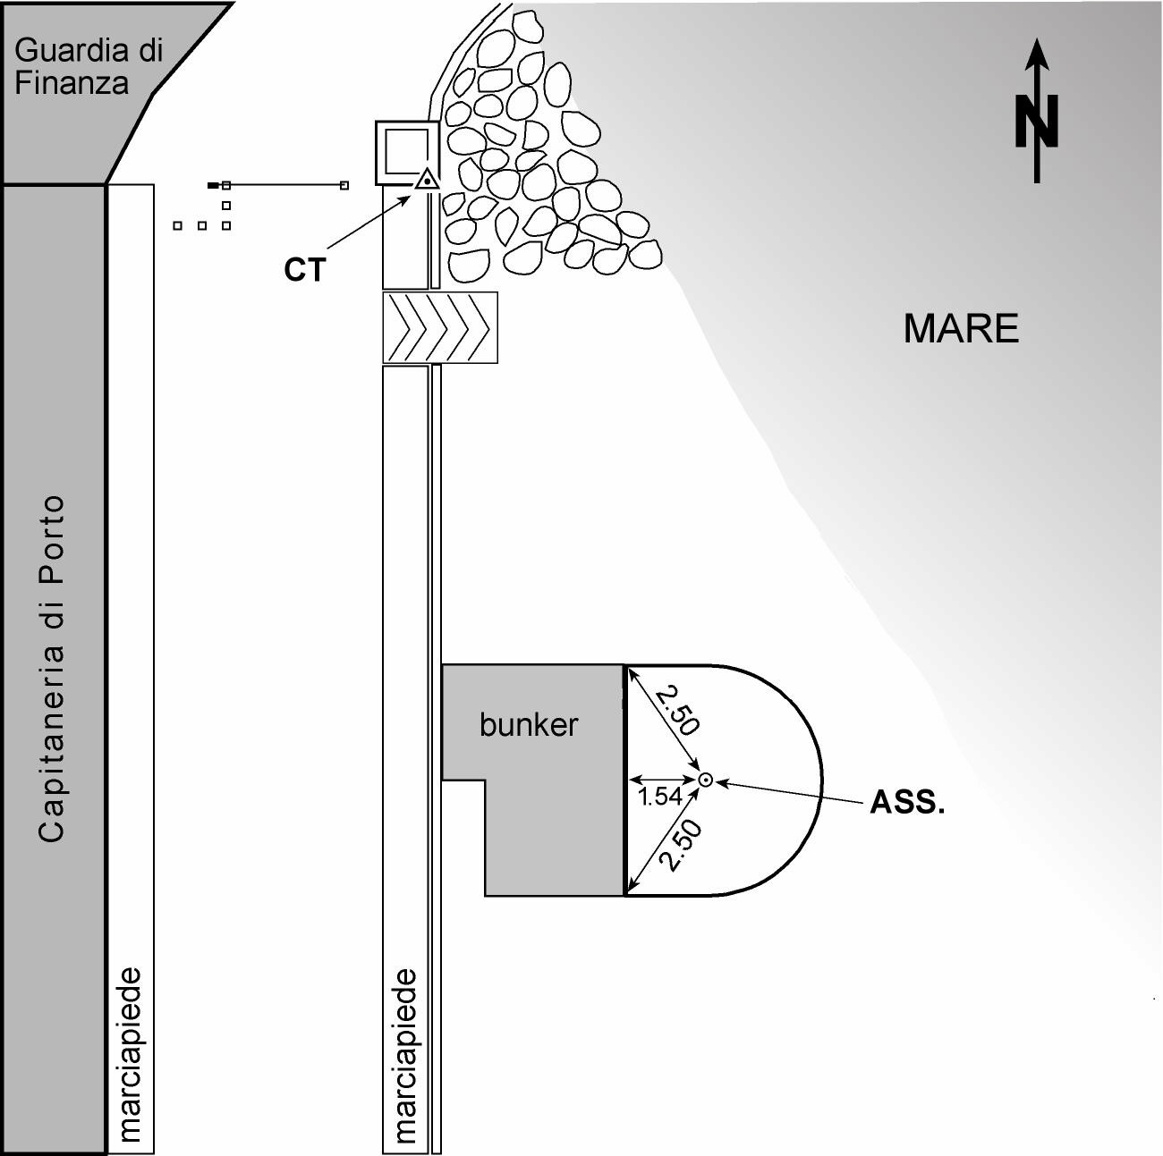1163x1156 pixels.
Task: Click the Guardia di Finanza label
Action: tap(89, 66)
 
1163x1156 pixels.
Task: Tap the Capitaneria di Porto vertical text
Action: tap(52, 668)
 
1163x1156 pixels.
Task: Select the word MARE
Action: tap(961, 329)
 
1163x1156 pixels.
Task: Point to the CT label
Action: tap(305, 270)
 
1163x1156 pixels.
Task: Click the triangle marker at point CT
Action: tap(428, 180)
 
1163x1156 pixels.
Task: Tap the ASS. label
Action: tap(907, 803)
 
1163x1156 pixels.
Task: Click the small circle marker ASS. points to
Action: tap(705, 780)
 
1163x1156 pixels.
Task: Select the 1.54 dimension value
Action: tap(659, 797)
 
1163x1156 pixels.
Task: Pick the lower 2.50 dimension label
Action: tap(681, 846)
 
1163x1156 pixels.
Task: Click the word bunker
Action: tap(529, 724)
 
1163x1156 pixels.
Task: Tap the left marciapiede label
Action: tap(131, 1055)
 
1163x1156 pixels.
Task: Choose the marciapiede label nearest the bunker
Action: tap(406, 1055)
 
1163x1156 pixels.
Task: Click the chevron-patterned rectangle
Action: tap(440, 327)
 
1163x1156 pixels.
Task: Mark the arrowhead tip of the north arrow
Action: tap(1037, 41)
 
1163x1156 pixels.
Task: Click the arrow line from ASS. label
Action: tap(792, 791)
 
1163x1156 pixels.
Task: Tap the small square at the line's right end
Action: tap(344, 185)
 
